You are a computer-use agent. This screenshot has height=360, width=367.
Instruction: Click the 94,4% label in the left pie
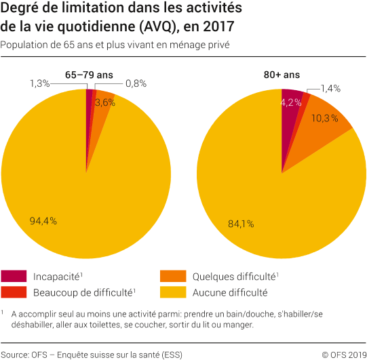tap(43, 220)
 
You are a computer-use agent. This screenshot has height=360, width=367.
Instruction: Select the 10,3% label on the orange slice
tap(324, 118)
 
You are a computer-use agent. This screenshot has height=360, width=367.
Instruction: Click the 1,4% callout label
tap(329, 88)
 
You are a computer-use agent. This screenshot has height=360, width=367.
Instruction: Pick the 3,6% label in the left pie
tap(104, 102)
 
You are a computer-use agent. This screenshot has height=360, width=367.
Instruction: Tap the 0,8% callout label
tap(135, 83)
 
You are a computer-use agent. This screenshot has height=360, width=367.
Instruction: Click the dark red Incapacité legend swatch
tap(14, 277)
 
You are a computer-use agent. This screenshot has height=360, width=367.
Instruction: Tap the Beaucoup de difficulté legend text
tap(83, 293)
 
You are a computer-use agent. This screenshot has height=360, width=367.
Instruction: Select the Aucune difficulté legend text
tap(229, 293)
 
